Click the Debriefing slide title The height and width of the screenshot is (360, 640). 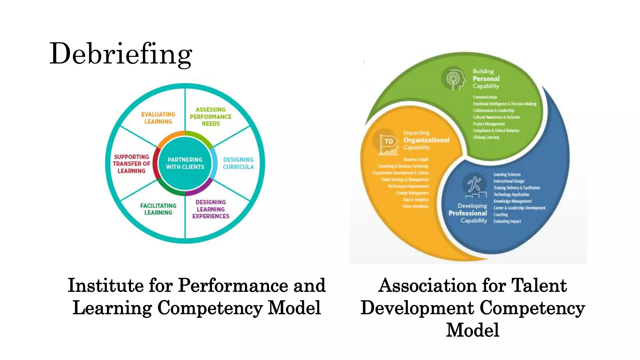[x=121, y=54]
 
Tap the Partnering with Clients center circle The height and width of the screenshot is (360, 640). [x=185, y=163]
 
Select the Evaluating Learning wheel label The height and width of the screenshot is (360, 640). [x=158, y=118]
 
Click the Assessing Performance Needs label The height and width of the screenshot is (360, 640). [x=211, y=117]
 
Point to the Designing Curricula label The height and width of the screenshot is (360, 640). [x=238, y=163]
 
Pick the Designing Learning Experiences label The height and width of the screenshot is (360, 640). [x=211, y=209]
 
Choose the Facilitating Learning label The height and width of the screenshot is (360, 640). [x=158, y=209]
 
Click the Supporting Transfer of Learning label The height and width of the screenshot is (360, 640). [x=132, y=164]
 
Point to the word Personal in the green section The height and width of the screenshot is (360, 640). [x=486, y=79]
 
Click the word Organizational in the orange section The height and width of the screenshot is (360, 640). [x=426, y=140]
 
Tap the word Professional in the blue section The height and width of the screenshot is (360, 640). [x=467, y=213]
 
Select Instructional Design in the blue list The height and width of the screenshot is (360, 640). [x=509, y=181]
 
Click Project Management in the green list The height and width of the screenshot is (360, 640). [x=489, y=124]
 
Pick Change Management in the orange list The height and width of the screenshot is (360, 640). [x=412, y=193]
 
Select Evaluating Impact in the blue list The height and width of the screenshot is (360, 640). [x=507, y=221]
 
